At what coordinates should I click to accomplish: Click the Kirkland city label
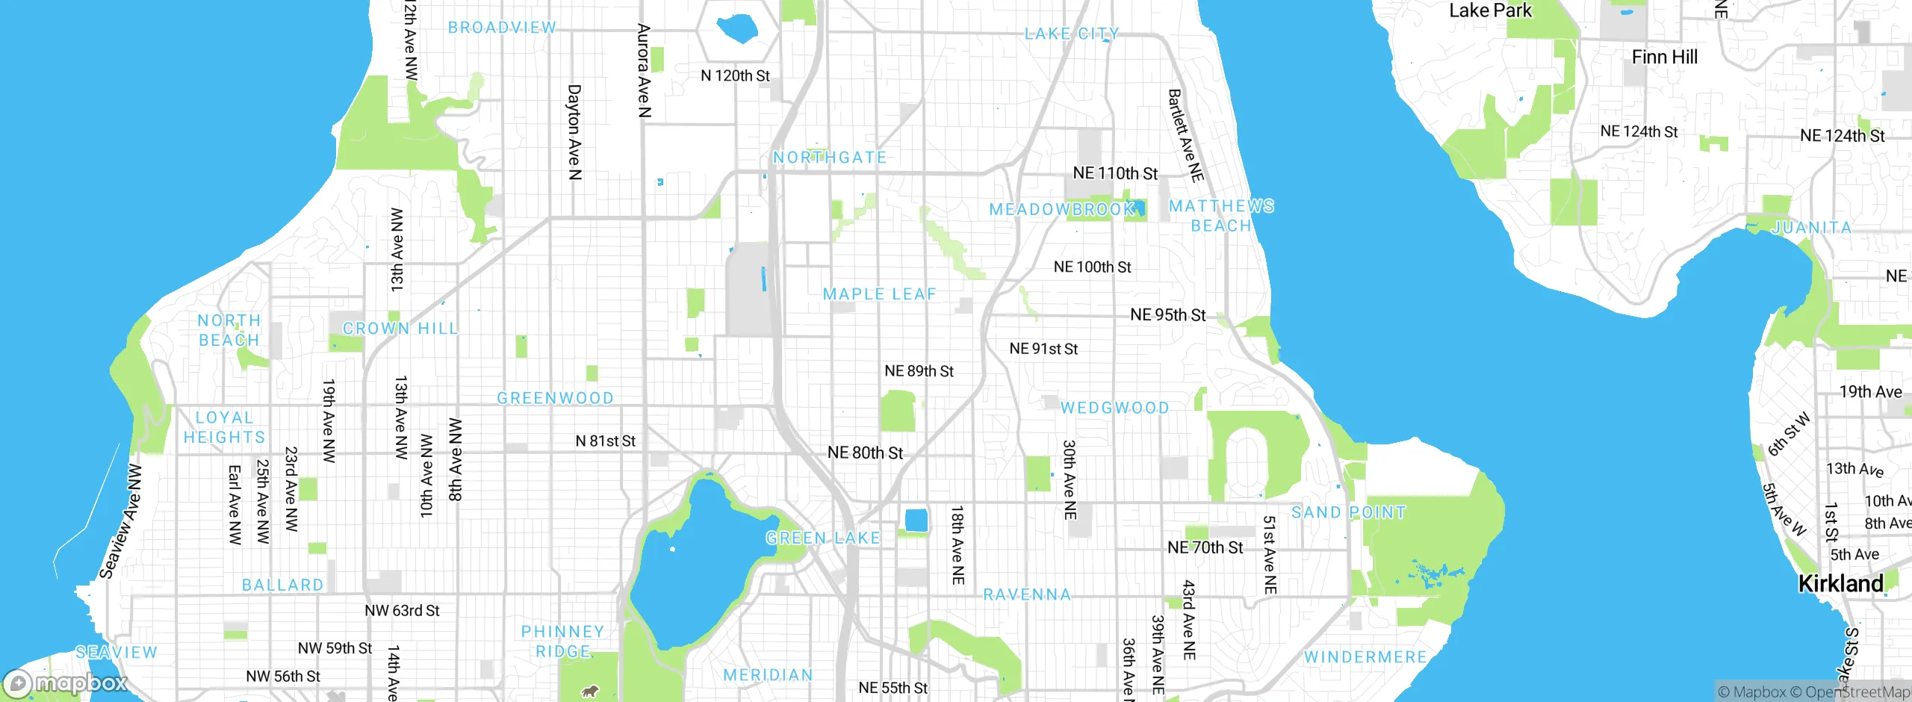click(1840, 584)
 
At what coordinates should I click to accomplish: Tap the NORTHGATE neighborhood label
click(830, 158)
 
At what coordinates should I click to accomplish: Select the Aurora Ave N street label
click(644, 71)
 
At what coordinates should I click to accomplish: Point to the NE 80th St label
click(865, 453)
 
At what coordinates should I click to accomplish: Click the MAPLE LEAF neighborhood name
click(879, 294)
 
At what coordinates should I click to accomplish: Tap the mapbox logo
click(66, 683)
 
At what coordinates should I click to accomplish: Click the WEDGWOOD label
click(1114, 408)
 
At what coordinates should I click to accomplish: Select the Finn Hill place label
click(1664, 58)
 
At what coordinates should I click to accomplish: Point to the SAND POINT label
click(1348, 512)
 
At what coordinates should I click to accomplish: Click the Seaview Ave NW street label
click(121, 521)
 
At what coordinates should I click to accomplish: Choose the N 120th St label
click(735, 76)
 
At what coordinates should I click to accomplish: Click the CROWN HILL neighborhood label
click(400, 329)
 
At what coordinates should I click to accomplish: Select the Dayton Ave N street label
click(574, 132)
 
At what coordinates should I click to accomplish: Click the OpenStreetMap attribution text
click(1857, 692)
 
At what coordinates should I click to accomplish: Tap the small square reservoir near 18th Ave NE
click(916, 520)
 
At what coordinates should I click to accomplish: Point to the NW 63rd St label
click(402, 611)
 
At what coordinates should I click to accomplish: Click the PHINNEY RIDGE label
click(562, 642)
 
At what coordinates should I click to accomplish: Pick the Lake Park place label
click(1490, 10)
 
